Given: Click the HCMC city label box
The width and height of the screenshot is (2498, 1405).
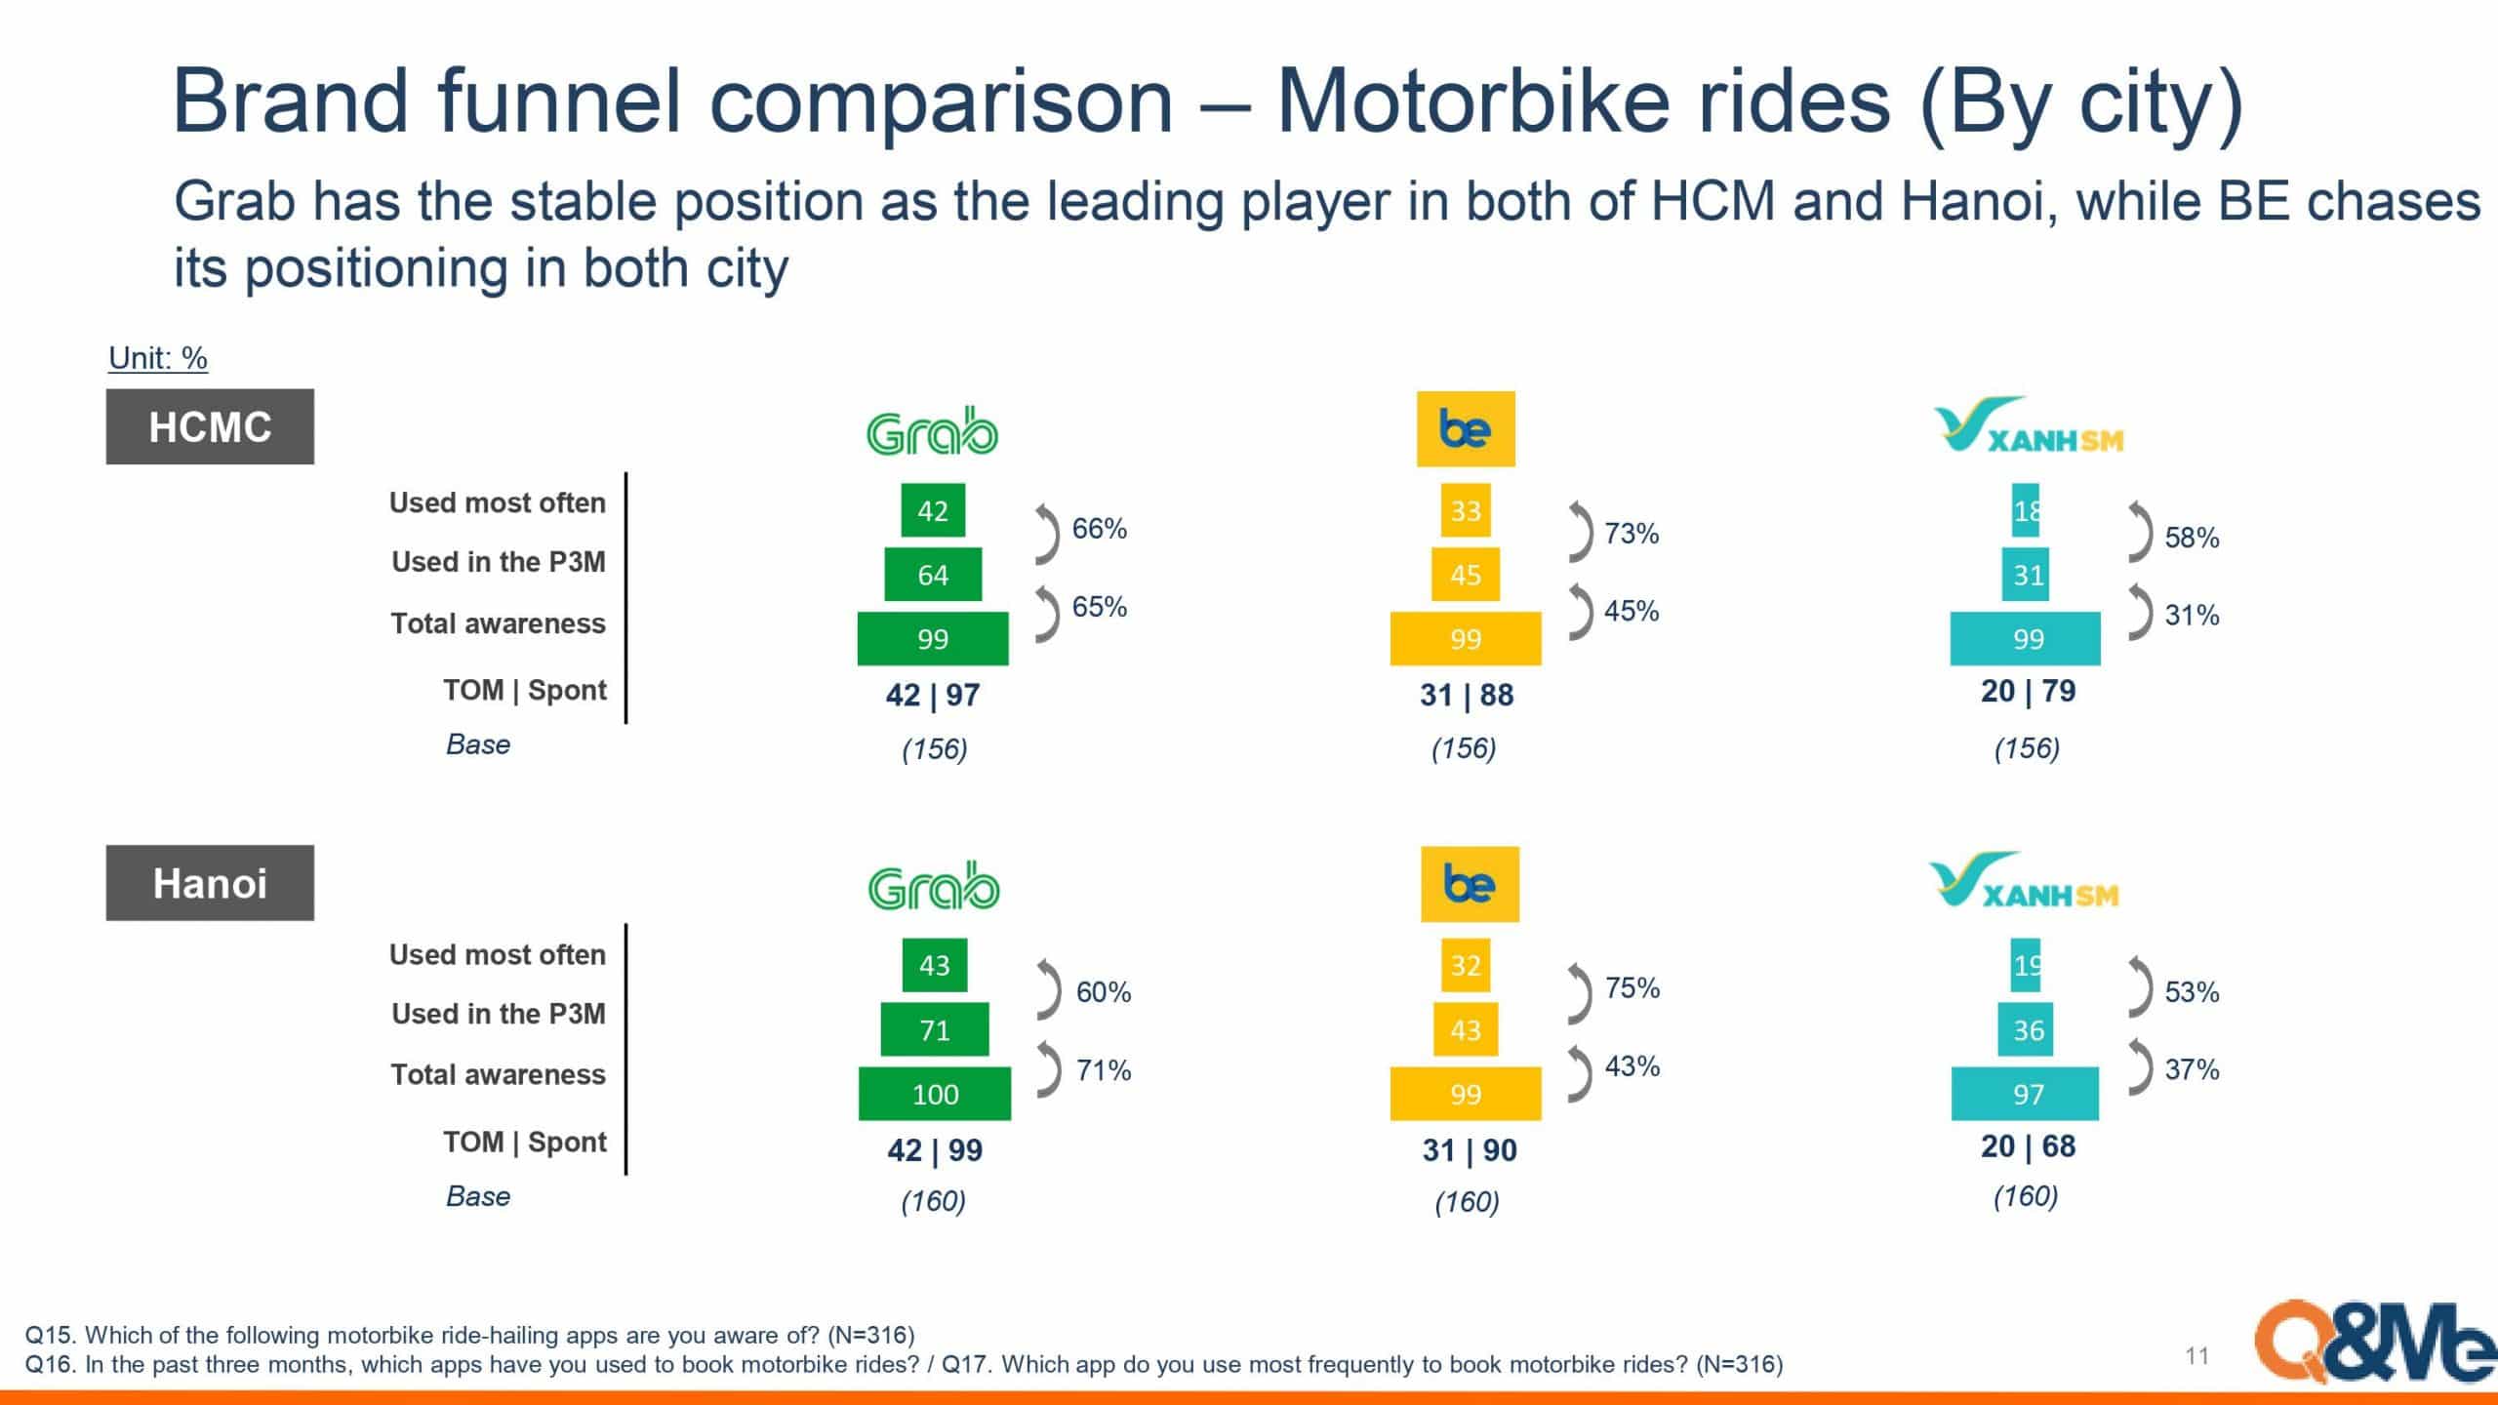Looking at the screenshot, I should point(210,426).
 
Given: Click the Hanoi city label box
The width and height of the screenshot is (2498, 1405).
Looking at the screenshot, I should point(210,882).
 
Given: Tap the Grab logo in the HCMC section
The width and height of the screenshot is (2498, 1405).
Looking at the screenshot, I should point(932,432).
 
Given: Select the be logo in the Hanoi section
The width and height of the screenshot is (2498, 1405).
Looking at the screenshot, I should point(1470,884).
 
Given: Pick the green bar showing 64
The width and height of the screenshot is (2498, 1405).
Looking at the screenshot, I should point(933,575).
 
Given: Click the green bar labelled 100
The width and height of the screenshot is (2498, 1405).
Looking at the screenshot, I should point(935,1094).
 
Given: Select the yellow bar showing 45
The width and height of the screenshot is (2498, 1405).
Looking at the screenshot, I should point(1466,575).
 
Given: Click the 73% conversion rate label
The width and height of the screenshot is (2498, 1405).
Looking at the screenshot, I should point(1632,534).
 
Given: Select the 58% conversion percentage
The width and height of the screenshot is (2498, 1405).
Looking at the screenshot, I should point(2192,538).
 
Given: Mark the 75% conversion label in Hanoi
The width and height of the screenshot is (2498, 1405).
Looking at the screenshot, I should point(1632,988).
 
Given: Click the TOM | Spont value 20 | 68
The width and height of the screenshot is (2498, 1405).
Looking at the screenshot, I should point(2028,1145).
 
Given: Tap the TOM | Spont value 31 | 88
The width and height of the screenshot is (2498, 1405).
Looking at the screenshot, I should point(1467,695).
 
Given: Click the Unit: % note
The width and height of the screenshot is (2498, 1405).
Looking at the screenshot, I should point(158,358).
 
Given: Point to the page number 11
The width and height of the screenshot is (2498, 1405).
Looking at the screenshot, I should point(2196,1355).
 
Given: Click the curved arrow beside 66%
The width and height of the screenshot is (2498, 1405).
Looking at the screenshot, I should point(1046,534).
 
